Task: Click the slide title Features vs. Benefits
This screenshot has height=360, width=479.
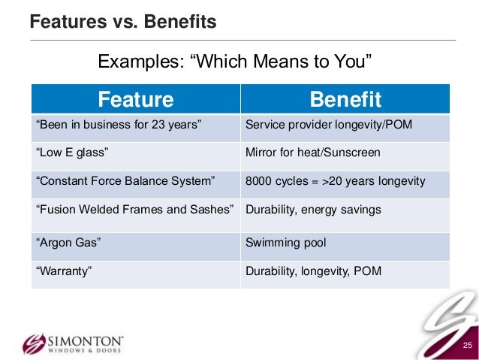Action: pyautogui.click(x=122, y=23)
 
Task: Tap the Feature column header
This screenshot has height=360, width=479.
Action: pyautogui.click(x=136, y=99)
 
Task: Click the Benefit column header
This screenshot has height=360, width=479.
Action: pyautogui.click(x=345, y=99)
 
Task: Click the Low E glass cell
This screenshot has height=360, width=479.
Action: pyautogui.click(x=73, y=153)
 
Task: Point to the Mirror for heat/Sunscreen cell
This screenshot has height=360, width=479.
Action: pyautogui.click(x=312, y=153)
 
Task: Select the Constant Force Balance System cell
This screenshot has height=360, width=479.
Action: pyautogui.click(x=125, y=181)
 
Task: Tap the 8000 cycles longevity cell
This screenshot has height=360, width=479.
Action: pyautogui.click(x=335, y=181)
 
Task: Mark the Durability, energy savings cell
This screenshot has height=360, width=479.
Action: pyautogui.click(x=313, y=210)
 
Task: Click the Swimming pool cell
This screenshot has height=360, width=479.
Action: pyautogui.click(x=285, y=243)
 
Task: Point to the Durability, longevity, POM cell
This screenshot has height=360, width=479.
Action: pyautogui.click(x=313, y=271)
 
